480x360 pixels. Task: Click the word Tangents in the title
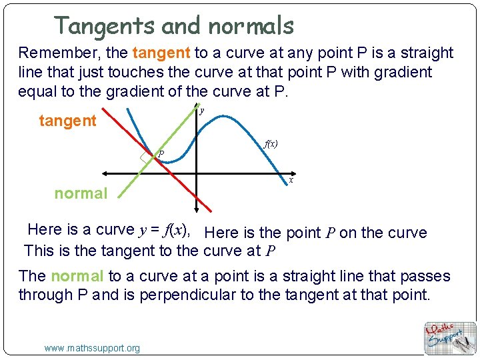click(x=105, y=26)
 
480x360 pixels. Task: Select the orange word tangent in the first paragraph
click(x=161, y=53)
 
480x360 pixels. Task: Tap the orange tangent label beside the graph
click(x=68, y=121)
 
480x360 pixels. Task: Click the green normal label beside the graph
click(x=81, y=193)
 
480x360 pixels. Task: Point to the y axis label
click(x=202, y=111)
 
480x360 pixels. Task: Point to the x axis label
click(x=291, y=180)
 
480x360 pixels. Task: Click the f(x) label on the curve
click(x=271, y=143)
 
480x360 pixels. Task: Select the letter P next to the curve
click(x=161, y=155)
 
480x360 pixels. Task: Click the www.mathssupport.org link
click(x=92, y=348)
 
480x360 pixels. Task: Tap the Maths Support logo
click(x=450, y=337)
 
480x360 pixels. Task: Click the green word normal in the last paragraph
click(x=77, y=276)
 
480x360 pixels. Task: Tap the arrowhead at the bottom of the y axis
click(x=196, y=208)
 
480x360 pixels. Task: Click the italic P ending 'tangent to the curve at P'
click(x=270, y=251)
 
